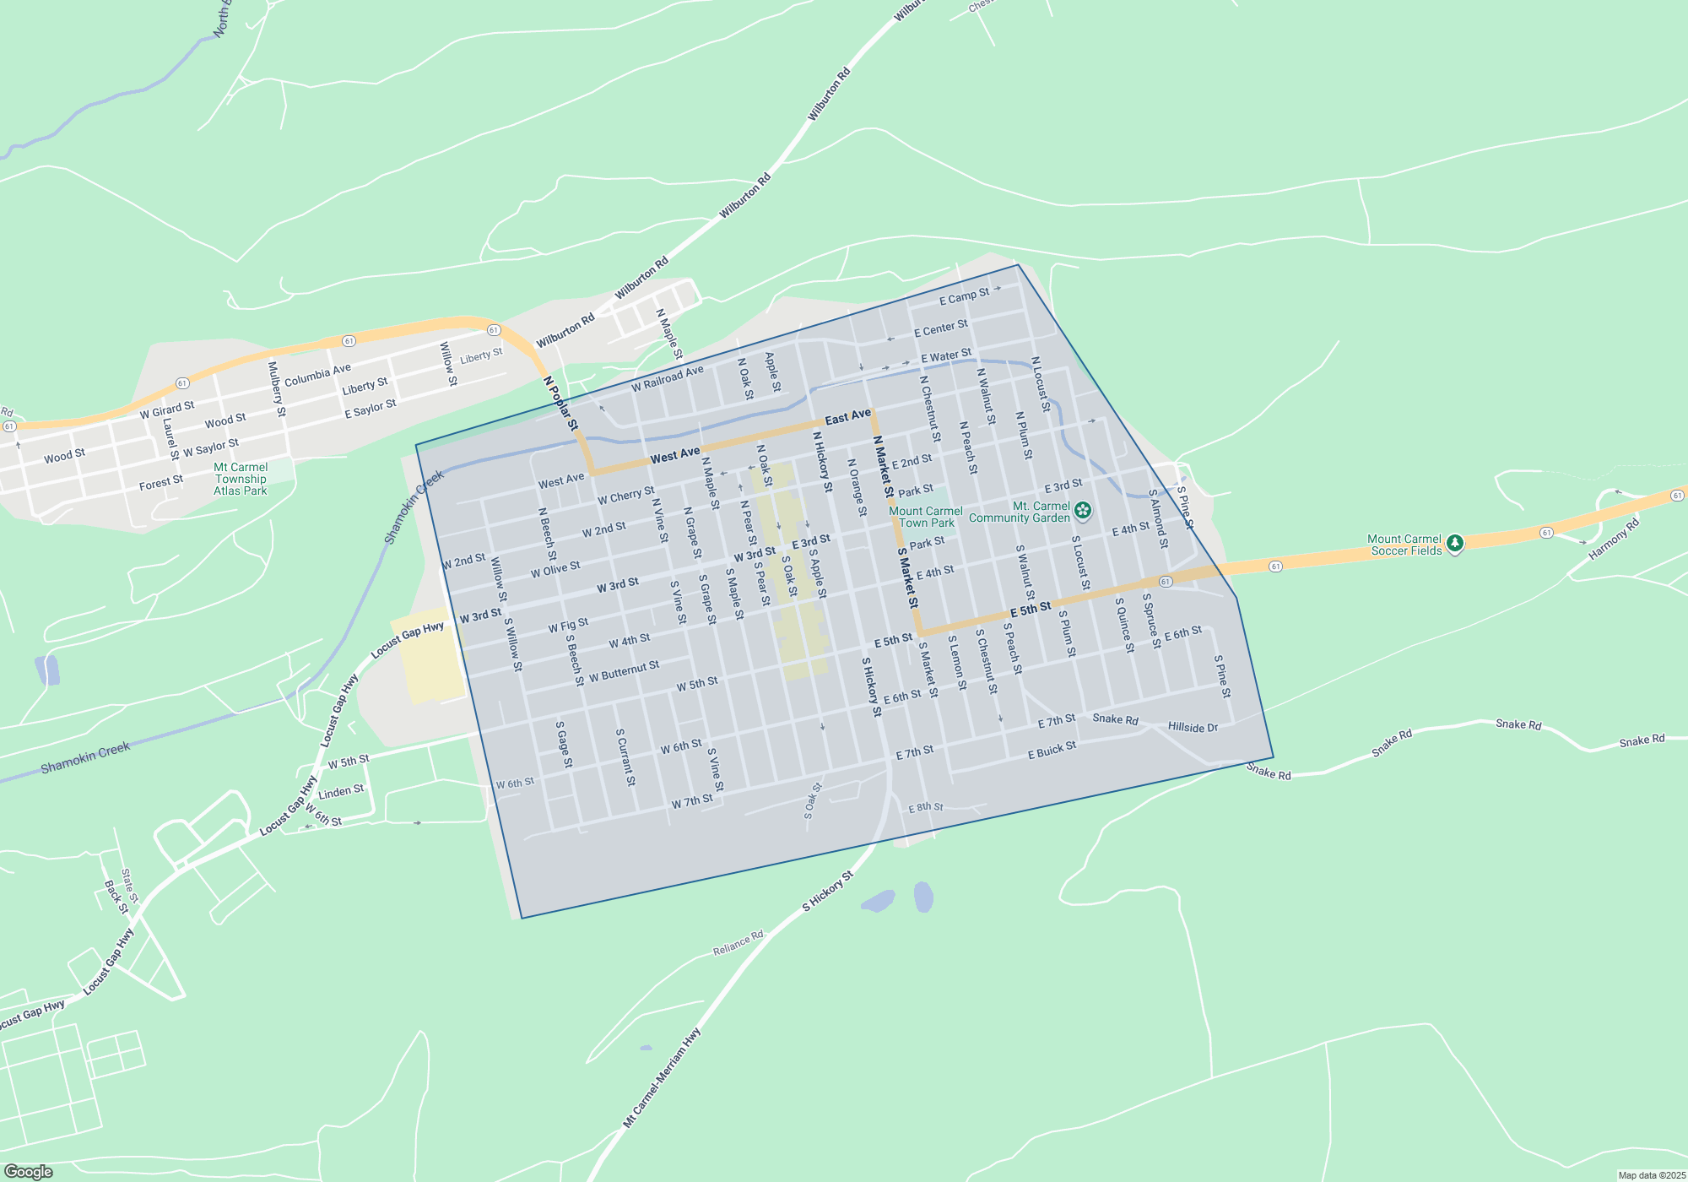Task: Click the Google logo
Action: point(29,1172)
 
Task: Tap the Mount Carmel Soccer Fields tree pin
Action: point(1454,544)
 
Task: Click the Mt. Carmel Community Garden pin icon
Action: point(1083,510)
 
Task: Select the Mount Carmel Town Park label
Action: point(926,517)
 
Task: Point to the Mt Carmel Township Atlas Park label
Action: point(241,479)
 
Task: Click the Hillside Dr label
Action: point(1193,727)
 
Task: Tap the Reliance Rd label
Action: point(738,943)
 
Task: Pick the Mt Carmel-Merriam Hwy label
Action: point(662,1077)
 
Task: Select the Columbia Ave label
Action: point(317,376)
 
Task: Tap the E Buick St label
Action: point(1052,750)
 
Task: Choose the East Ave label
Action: point(847,417)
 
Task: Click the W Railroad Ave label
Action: point(667,379)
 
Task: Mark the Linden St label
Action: point(341,792)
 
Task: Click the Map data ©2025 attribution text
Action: point(1652,1175)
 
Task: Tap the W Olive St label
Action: point(555,570)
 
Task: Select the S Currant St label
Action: point(625,757)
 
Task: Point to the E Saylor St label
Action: point(371,409)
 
